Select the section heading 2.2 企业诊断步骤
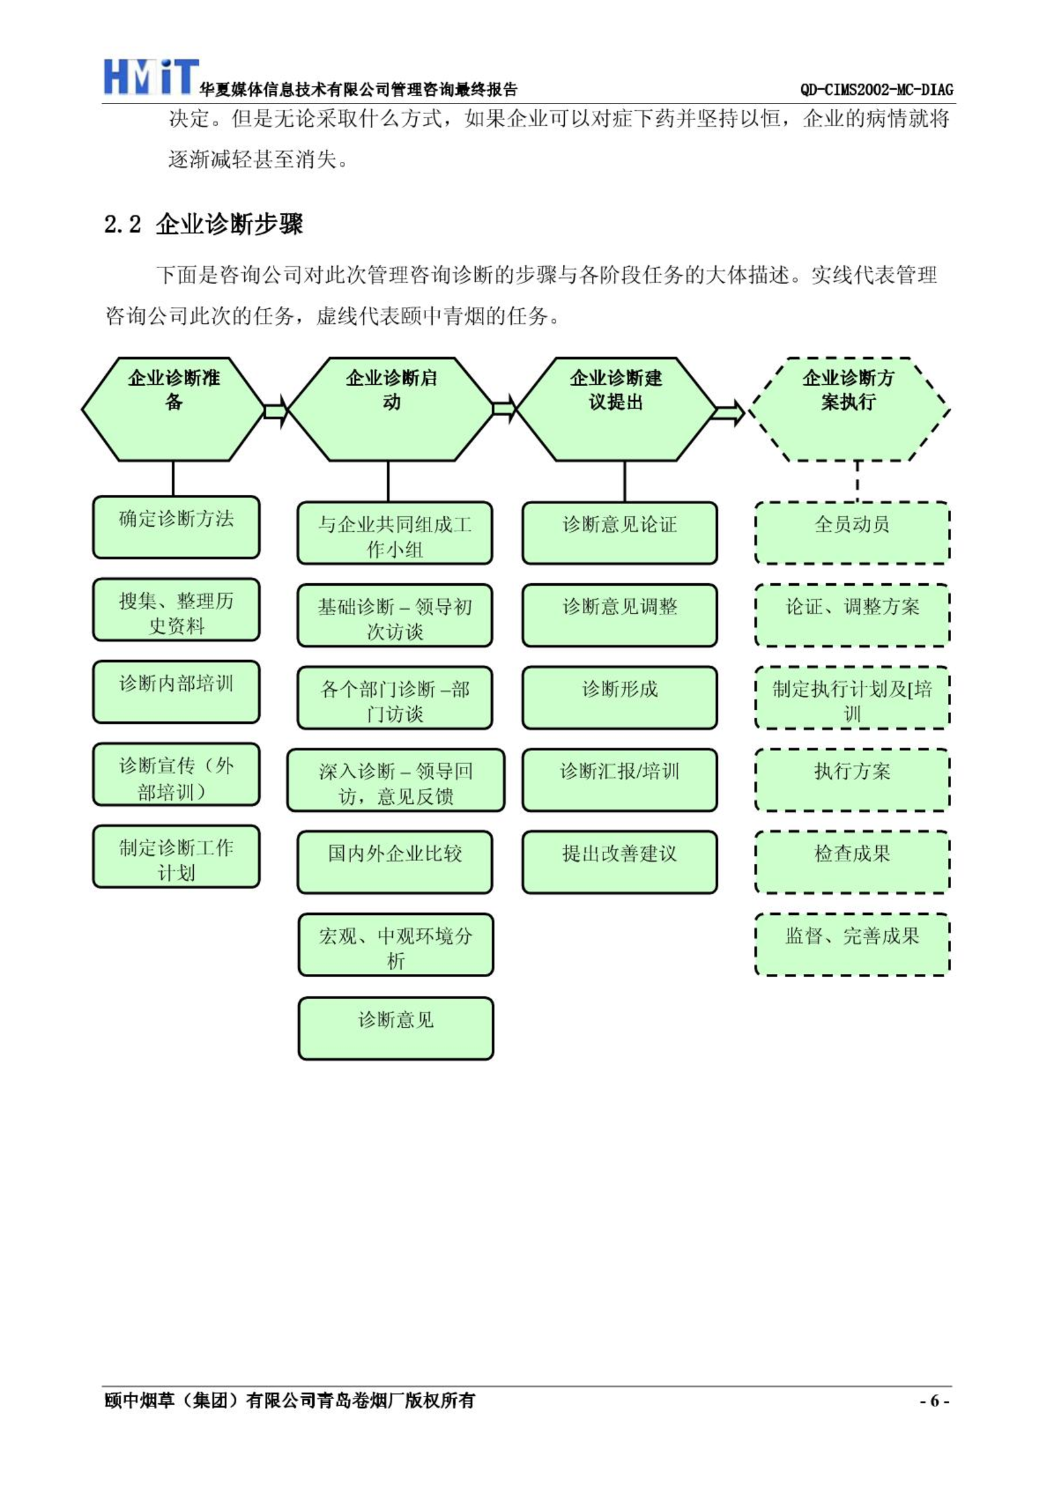point(204,224)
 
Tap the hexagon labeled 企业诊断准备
point(173,409)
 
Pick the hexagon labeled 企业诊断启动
point(392,409)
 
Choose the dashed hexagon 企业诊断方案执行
point(849,409)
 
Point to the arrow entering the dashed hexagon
point(729,413)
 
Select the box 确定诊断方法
point(176,527)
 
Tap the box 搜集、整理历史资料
point(176,610)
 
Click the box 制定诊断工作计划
point(176,856)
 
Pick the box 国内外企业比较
point(395,862)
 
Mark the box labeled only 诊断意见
point(396,1028)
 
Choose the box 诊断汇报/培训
point(620,780)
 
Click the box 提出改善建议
point(620,862)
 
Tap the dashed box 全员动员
point(852,533)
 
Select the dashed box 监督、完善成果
point(852,945)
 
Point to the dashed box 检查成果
point(852,862)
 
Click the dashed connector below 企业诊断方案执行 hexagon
point(858,482)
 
